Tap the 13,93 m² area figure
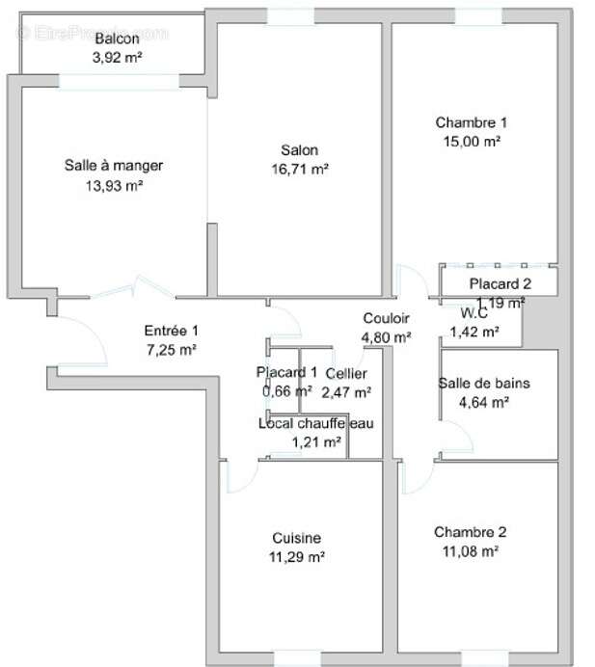point(114,184)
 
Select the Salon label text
point(299,150)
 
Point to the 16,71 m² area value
point(300,169)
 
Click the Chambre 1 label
point(471,122)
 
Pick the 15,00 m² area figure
point(471,141)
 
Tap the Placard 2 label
point(500,283)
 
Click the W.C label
point(473,313)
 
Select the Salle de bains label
point(483,384)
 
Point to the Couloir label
point(386,318)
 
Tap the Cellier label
point(345,373)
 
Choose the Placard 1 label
point(286,372)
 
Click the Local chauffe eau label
point(315,424)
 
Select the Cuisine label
point(296,538)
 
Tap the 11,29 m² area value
point(296,556)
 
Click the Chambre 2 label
point(470,532)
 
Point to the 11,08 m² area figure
point(470,551)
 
